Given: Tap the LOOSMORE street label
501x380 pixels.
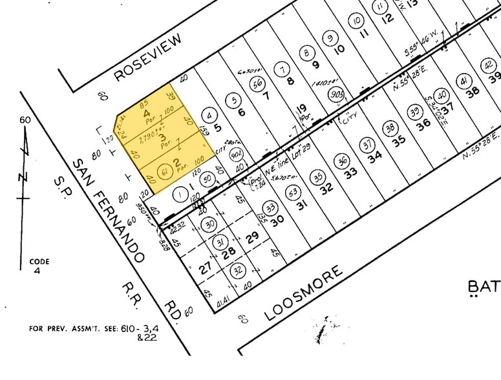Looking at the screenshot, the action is pyautogui.click(x=303, y=294).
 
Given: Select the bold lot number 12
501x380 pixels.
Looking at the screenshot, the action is pyautogui.click(x=387, y=18).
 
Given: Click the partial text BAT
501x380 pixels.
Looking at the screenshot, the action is pyautogui.click(x=484, y=286).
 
